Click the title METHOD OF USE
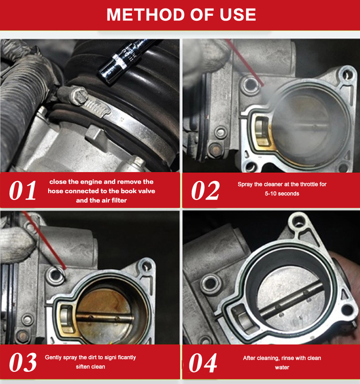click(181, 15)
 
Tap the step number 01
click(23, 190)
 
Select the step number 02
click(205, 190)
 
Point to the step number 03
click(23, 362)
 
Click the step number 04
click(203, 363)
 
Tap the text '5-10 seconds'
click(282, 194)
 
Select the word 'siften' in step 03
click(83, 366)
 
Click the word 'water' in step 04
click(282, 367)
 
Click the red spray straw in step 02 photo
click(245, 63)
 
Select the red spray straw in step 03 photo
click(44, 240)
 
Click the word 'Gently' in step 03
click(53, 357)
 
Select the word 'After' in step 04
click(249, 358)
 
